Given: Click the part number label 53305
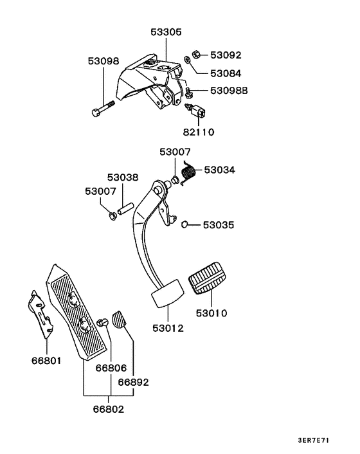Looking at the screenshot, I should click(x=166, y=31).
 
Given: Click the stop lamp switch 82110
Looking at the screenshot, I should click(x=198, y=112).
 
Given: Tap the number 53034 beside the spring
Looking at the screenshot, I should click(x=220, y=170).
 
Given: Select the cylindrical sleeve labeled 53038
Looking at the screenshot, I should click(x=125, y=210).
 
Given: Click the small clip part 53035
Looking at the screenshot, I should click(x=184, y=224).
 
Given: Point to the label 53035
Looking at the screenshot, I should click(x=219, y=226).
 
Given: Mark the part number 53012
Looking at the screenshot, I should click(x=168, y=328).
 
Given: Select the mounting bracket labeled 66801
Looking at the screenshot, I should click(x=40, y=315).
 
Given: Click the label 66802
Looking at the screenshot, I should click(x=109, y=409).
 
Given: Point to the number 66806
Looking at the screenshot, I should click(x=111, y=368).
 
